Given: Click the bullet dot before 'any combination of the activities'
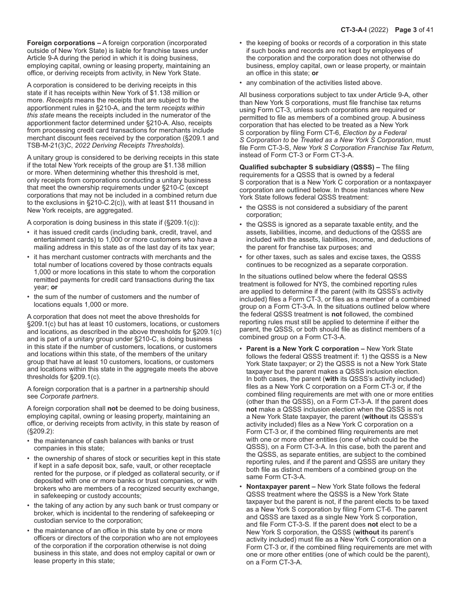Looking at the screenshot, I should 241,83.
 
